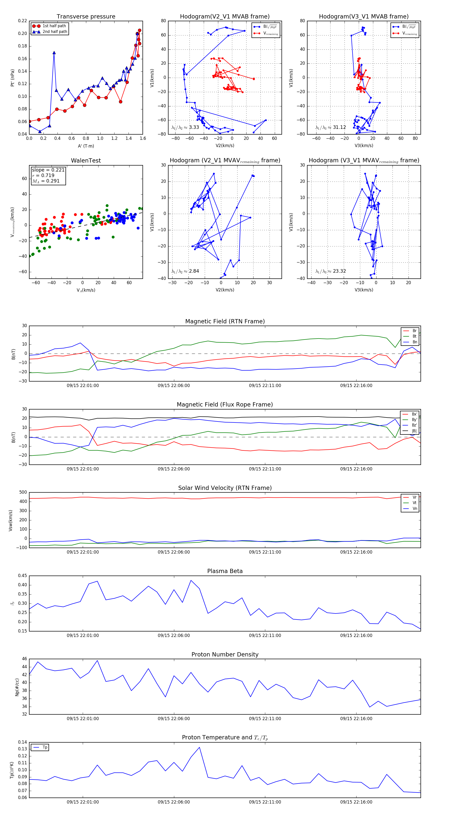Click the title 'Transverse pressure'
coord(86,17)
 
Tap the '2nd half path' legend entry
coord(55,32)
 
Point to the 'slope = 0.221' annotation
coord(48,170)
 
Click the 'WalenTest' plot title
coord(86,161)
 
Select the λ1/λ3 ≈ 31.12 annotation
coord(330,127)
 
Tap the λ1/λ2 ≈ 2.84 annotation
coord(185,271)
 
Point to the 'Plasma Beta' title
coord(225,571)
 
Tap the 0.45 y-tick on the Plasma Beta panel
coord(22,576)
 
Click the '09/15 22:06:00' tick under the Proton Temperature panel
coord(173,802)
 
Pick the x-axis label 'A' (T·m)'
coord(86,146)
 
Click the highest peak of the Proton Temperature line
coord(199,747)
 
